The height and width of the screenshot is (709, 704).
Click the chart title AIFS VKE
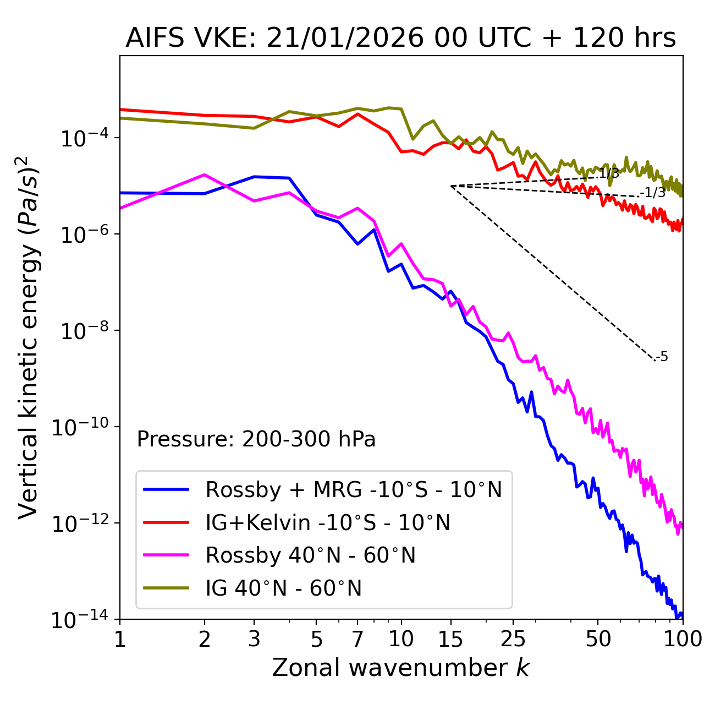[400, 39]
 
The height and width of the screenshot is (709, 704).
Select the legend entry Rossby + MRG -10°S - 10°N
[354, 489]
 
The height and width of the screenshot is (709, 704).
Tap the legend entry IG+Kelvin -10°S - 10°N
[328, 522]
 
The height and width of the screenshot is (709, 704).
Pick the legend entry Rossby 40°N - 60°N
[310, 555]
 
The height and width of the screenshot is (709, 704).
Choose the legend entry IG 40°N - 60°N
[283, 588]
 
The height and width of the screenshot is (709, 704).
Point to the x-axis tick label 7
[358, 639]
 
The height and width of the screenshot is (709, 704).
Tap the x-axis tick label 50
[598, 639]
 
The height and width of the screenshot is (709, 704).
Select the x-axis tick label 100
[682, 639]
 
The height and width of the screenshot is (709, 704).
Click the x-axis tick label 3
[254, 639]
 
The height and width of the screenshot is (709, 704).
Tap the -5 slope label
[662, 357]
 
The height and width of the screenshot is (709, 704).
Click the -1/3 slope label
[653, 193]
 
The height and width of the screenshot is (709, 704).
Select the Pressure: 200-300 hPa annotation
[256, 439]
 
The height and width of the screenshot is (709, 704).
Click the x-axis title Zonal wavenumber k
[400, 668]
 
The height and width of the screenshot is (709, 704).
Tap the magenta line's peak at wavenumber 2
[205, 174]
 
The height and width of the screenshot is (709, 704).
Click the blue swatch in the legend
[166, 489]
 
